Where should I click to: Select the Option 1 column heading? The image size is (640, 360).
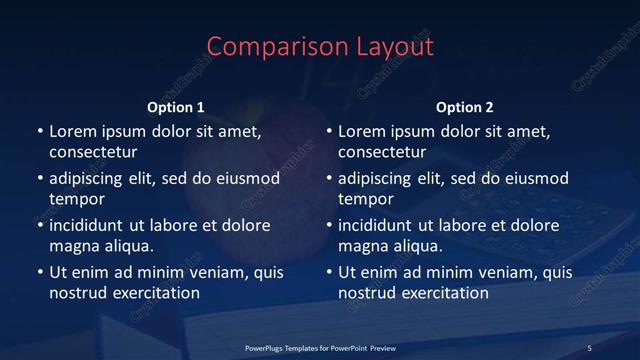point(176,107)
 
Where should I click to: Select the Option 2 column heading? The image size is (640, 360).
point(465,107)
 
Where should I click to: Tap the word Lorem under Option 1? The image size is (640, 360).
point(72,131)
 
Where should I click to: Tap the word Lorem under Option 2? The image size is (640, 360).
point(361,131)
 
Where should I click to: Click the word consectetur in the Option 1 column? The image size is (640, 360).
point(93,152)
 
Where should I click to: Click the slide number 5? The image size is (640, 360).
point(590,348)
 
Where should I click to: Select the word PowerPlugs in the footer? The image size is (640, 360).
point(267,348)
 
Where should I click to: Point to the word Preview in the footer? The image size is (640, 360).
point(382,348)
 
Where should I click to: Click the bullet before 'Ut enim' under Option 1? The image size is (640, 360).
point(40,272)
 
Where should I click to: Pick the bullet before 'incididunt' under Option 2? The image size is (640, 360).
point(329,225)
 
